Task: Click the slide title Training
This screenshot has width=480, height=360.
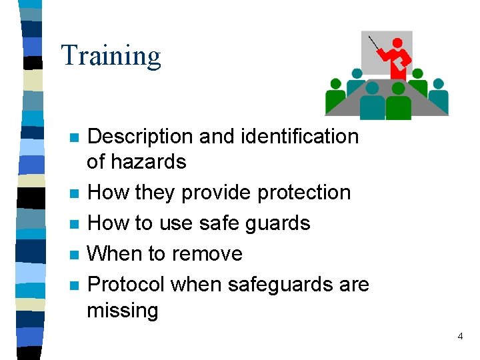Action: pos(111,56)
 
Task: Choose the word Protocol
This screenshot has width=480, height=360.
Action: pos(126,285)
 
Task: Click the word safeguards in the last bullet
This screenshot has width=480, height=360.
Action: pos(282,285)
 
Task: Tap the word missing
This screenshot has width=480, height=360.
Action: pos(123,311)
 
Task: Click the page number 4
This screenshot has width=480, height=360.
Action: pos(460,337)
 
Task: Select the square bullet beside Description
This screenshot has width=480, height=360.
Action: pos(74,138)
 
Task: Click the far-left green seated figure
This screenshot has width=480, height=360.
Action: pos(335,97)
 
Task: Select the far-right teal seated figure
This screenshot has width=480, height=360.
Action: pos(438,97)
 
